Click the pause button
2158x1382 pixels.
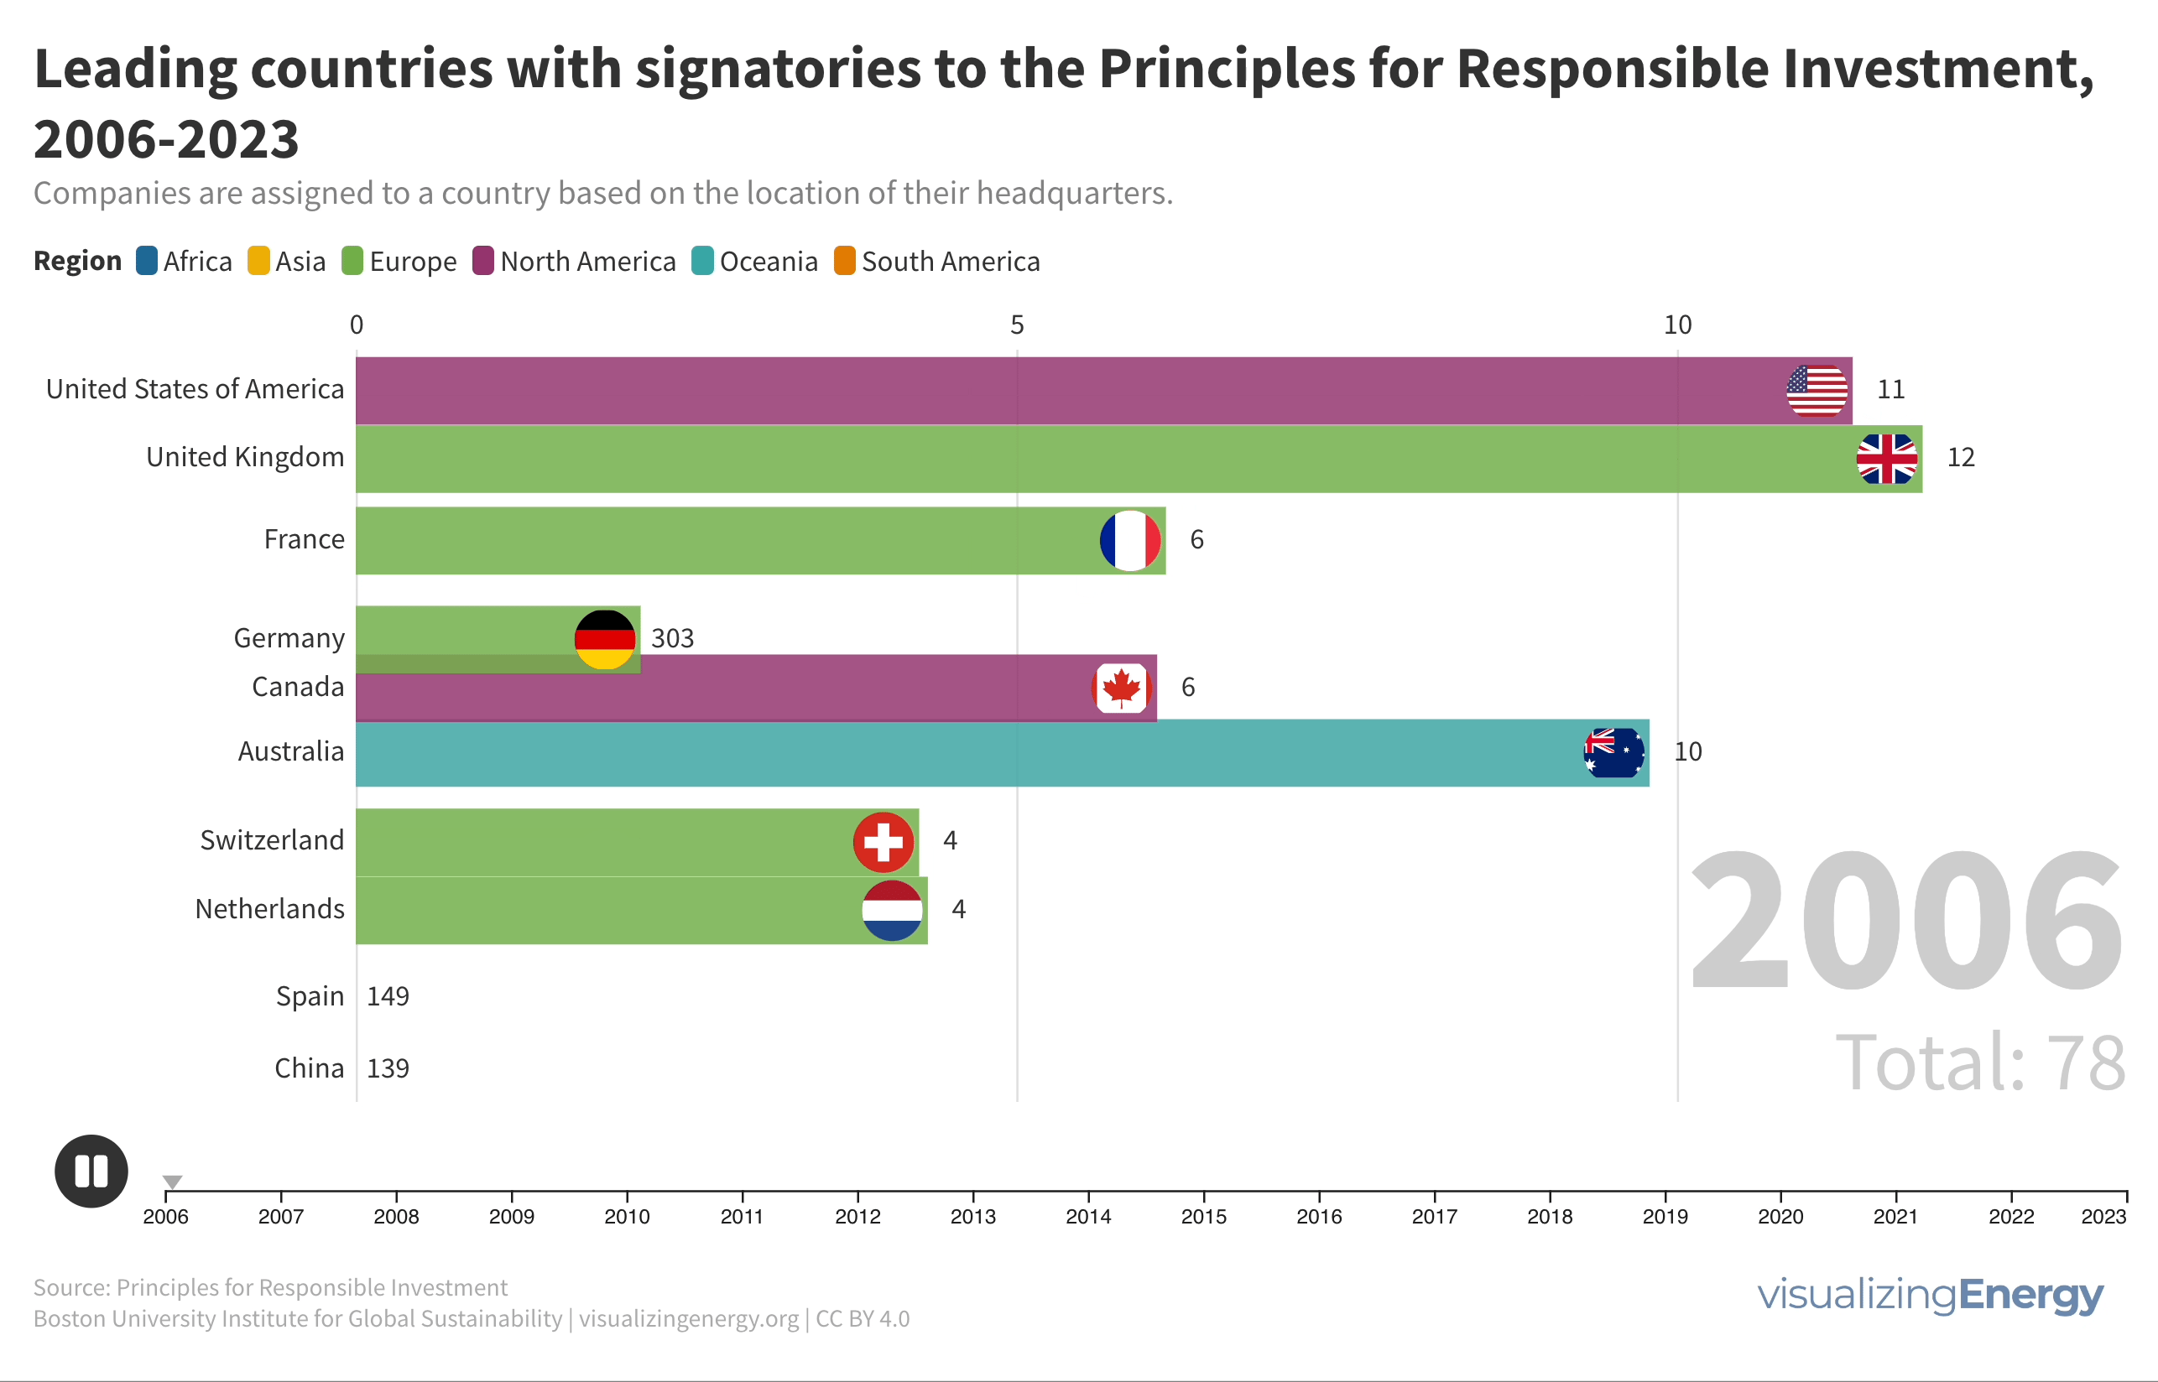[x=91, y=1172]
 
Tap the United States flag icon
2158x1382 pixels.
[x=1817, y=392]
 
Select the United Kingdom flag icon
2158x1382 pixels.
[x=1887, y=459]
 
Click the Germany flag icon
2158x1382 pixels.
[x=605, y=640]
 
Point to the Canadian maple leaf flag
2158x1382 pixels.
[x=1121, y=688]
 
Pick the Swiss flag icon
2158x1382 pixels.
[x=884, y=843]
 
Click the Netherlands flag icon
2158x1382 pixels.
[x=892, y=911]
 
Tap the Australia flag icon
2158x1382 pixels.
[x=1614, y=753]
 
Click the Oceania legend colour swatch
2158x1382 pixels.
[x=703, y=261]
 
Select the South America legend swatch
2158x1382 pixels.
[x=845, y=261]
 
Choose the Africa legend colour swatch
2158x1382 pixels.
[x=146, y=261]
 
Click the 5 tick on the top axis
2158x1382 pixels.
[x=1017, y=325]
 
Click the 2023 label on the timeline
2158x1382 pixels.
[x=2103, y=1217]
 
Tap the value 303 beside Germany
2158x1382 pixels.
[x=672, y=639]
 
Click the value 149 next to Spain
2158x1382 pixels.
[x=388, y=997]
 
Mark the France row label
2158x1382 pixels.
[x=305, y=539]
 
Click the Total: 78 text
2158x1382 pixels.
[x=1980, y=1062]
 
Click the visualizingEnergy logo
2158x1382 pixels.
[x=1930, y=1296]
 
